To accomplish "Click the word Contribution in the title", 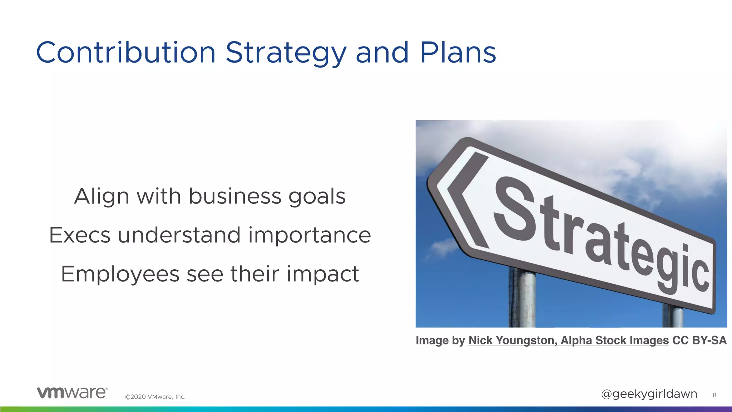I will click(126, 53).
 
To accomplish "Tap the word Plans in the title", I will click(458, 53).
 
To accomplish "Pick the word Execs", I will click(80, 235).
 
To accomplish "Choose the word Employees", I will click(120, 275).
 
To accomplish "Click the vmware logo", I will click(72, 392).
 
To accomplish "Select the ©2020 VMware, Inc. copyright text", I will click(155, 397).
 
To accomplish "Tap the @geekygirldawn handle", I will click(649, 394).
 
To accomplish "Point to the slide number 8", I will click(714, 395).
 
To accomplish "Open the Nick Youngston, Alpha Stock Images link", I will click(568, 340).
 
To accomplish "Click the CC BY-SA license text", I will click(699, 340).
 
